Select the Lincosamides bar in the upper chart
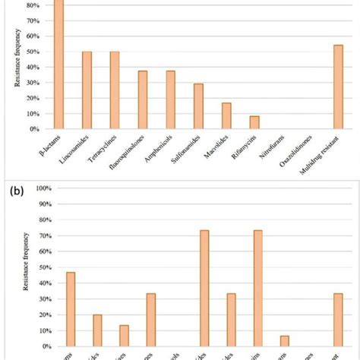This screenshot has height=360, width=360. point(87,90)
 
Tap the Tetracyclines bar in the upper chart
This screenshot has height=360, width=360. point(115,90)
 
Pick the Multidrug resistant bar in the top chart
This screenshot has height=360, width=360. point(338,87)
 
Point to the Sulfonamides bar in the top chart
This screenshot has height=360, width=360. point(198,106)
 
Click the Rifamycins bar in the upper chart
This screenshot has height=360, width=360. point(254,122)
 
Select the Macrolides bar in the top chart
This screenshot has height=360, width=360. point(226,116)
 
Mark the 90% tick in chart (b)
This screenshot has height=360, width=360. point(43,204)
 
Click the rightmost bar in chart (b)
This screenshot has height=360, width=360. point(338,320)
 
